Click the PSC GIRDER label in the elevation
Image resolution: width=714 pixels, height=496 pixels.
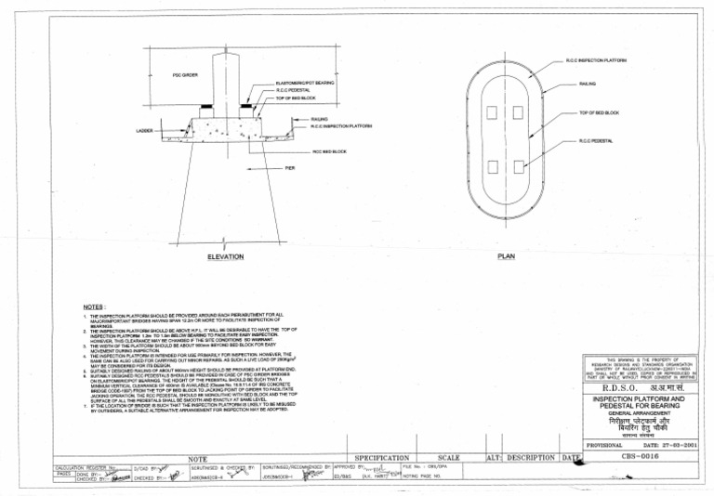click(184, 74)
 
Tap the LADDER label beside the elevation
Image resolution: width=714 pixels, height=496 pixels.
click(143, 131)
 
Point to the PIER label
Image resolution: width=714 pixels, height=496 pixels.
click(290, 168)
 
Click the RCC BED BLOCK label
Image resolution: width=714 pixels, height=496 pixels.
click(330, 150)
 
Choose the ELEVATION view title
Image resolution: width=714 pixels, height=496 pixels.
click(225, 255)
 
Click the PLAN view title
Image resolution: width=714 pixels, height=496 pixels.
click(506, 255)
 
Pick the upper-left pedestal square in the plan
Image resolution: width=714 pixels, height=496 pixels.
click(492, 112)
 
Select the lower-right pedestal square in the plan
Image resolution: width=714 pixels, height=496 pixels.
click(520, 166)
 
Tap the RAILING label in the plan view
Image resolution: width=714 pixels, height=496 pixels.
click(588, 84)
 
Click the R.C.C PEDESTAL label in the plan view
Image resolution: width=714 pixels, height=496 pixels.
click(595, 141)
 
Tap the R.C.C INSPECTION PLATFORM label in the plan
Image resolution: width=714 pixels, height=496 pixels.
click(596, 60)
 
